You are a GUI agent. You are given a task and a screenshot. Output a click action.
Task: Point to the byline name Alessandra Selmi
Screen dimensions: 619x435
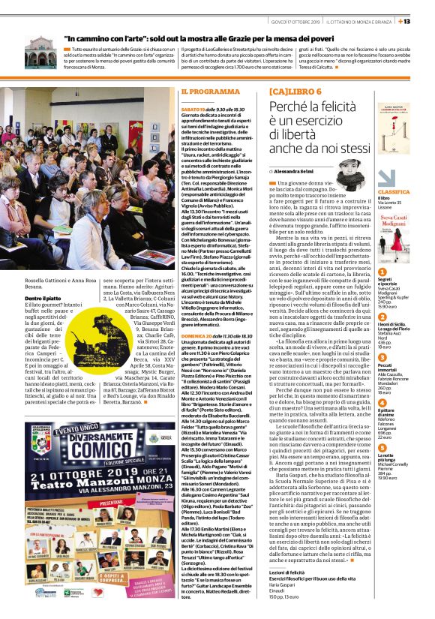click(297, 172)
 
